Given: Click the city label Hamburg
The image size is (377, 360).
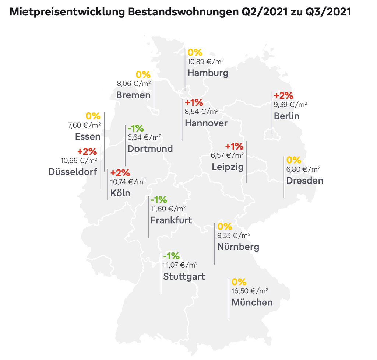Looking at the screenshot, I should [x=208, y=73].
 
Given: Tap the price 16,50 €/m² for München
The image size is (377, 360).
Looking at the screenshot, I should [x=250, y=291].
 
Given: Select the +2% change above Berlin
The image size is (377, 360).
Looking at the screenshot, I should [x=283, y=95].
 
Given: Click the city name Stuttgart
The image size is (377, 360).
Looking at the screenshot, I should [x=184, y=276].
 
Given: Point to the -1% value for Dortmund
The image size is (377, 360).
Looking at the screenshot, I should [x=135, y=128].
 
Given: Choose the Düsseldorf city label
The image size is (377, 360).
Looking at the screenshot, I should [x=73, y=172].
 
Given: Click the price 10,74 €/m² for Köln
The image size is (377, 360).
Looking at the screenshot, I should [x=128, y=181].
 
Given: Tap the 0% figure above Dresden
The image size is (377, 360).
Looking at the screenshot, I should [x=294, y=160].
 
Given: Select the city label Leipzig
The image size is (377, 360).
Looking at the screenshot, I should [x=228, y=167].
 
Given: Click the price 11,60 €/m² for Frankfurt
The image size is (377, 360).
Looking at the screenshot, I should [x=168, y=209].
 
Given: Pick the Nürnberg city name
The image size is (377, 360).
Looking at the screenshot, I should [x=238, y=247].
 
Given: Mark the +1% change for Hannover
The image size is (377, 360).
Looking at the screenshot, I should [x=194, y=102].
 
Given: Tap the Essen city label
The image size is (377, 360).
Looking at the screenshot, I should [x=88, y=137].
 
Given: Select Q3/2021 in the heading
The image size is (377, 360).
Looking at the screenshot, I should [x=328, y=13].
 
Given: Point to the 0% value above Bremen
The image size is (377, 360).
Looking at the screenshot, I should [x=143, y=75].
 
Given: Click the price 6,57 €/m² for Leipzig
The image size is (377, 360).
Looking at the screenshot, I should [x=227, y=155].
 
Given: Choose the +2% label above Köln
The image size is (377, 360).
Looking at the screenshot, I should [x=120, y=173].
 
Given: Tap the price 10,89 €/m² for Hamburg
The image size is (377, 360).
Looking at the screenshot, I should [x=205, y=62].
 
